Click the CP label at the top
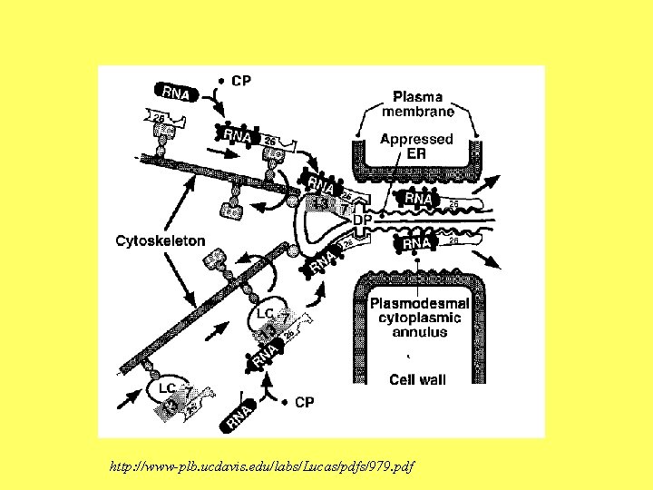coord(242,80)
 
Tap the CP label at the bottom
coord(306,402)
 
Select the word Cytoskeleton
coord(161,240)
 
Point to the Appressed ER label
coord(416,147)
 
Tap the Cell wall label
coord(417,379)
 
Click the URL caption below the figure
coord(261,466)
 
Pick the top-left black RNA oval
coord(176,92)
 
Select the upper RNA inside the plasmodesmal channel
coord(419,198)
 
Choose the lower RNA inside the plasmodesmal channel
coord(417,243)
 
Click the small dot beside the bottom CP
coord(283,402)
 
